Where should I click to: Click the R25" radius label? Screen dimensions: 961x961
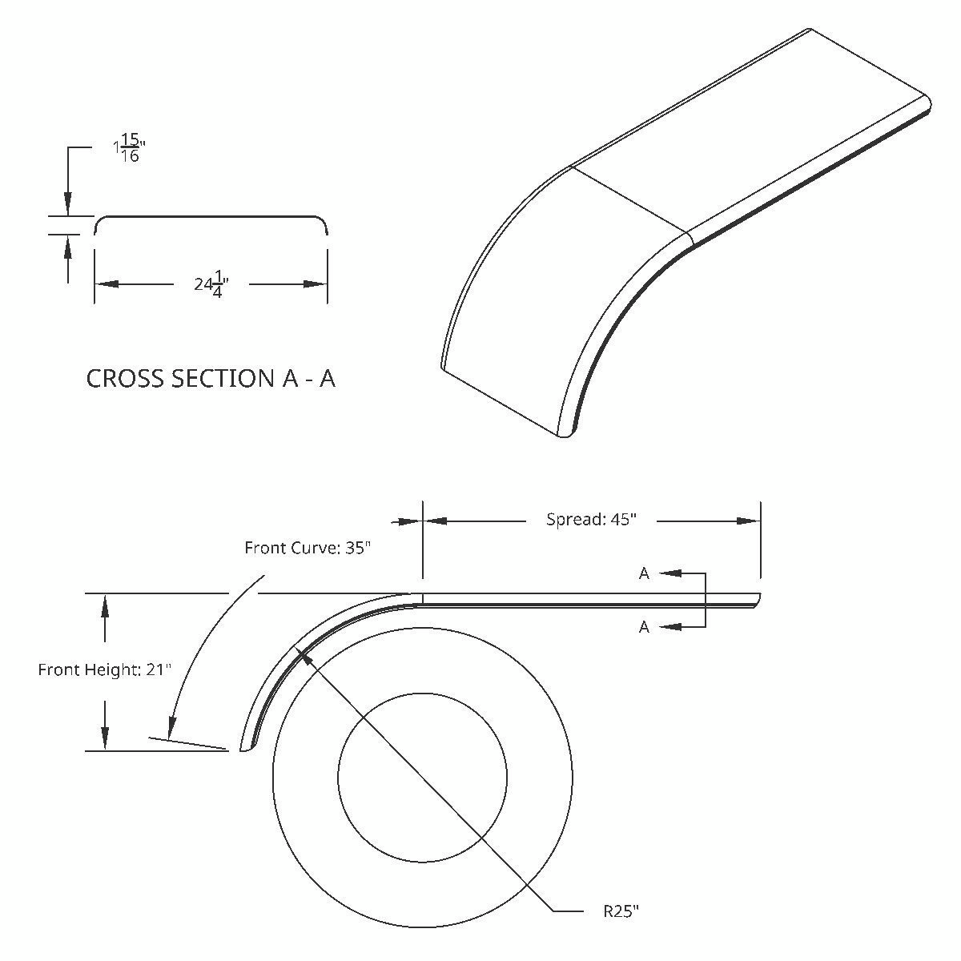[x=621, y=911]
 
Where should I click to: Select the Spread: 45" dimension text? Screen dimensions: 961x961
[x=591, y=519]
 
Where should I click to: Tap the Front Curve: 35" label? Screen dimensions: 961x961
[x=308, y=548]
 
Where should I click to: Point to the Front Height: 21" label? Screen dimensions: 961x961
[x=105, y=669]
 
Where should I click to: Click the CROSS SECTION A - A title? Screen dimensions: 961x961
[x=211, y=378]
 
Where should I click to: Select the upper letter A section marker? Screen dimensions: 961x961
[x=644, y=573]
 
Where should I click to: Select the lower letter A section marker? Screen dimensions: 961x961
[x=644, y=627]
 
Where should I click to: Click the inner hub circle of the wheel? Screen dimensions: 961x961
[x=422, y=778]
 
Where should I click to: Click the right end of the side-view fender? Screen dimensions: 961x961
[x=758, y=599]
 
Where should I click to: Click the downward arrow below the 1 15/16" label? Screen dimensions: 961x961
[x=68, y=203]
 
